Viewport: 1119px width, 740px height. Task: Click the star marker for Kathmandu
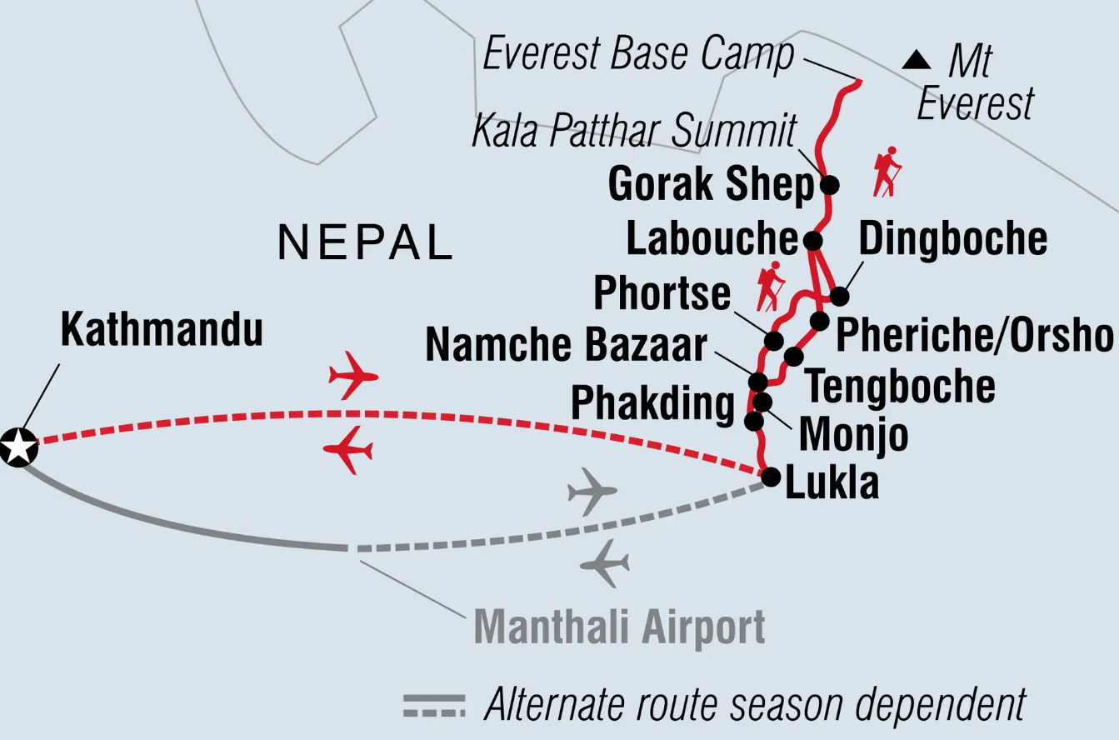click(18, 447)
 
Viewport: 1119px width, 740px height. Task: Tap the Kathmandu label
click(162, 331)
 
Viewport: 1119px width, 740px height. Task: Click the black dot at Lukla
click(771, 477)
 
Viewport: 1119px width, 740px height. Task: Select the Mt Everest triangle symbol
click(917, 60)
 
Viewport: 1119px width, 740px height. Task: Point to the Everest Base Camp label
click(638, 56)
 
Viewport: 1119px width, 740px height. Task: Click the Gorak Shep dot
click(829, 184)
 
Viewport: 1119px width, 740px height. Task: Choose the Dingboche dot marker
click(839, 296)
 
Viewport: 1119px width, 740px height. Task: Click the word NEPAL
click(366, 242)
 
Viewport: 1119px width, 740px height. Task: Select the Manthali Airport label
click(619, 627)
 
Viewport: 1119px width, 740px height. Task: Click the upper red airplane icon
click(353, 376)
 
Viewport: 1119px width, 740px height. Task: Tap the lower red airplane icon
click(348, 451)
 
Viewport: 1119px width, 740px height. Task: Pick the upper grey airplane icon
click(592, 492)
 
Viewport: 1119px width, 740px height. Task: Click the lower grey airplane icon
click(605, 564)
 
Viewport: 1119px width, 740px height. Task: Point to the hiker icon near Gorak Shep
click(887, 172)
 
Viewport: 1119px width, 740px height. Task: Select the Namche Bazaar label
click(567, 345)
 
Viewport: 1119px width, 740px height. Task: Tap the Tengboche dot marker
click(793, 357)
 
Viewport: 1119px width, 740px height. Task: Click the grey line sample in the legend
click(434, 705)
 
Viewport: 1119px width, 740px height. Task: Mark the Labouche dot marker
click(812, 241)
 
